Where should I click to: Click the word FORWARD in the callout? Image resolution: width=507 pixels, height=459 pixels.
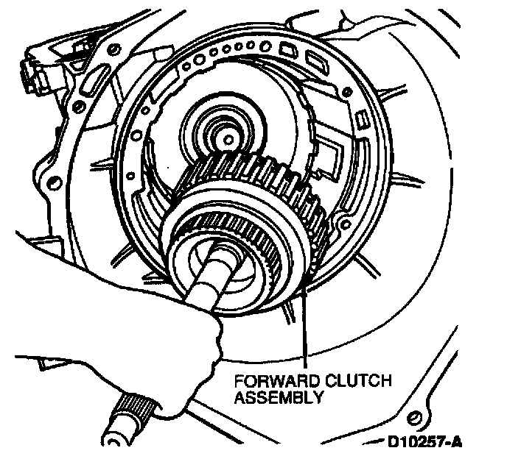(x=277, y=381)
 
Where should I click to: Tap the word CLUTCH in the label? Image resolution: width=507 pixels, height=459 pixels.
(x=358, y=381)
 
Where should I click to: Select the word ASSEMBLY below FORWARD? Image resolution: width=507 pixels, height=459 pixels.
(x=279, y=396)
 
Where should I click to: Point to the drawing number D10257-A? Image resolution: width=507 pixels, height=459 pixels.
(x=424, y=442)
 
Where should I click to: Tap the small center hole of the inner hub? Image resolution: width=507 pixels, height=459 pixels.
(x=228, y=140)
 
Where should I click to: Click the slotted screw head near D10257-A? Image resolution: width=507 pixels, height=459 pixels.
(x=415, y=418)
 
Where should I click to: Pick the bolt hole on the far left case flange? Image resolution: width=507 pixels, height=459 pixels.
(x=55, y=182)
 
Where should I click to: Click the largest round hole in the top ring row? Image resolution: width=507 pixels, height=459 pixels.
(x=266, y=45)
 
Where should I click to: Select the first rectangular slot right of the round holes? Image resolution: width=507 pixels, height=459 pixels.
(x=287, y=49)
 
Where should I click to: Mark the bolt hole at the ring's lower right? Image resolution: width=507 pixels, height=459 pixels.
(x=346, y=224)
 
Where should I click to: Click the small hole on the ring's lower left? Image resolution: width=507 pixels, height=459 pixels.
(x=130, y=176)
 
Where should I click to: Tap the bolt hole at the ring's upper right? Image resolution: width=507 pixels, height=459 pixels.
(x=347, y=91)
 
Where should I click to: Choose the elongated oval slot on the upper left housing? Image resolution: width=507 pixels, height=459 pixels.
(x=92, y=81)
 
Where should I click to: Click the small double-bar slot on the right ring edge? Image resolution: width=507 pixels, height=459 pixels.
(x=362, y=118)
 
